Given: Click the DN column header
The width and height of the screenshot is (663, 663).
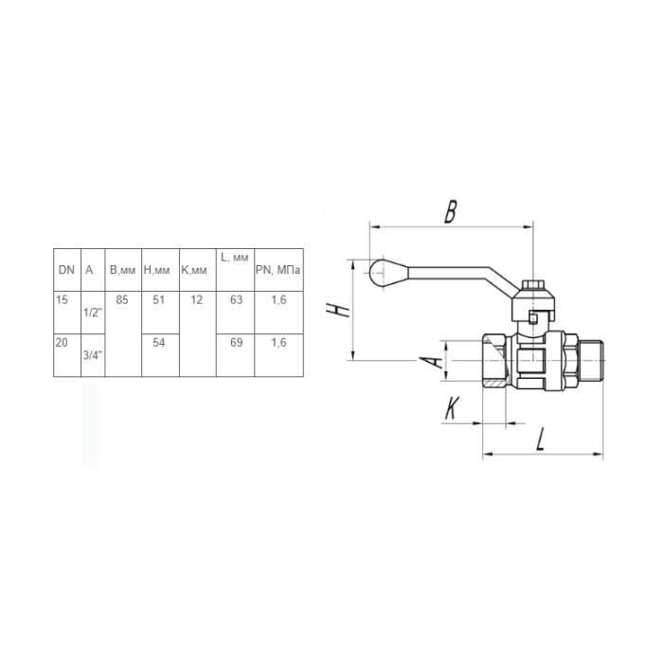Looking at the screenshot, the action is click(66, 270).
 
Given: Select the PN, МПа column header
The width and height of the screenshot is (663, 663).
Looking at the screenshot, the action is click(278, 270).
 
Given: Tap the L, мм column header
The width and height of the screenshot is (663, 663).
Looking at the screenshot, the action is click(235, 257).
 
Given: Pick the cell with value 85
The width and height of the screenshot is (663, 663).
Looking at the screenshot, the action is click(122, 300).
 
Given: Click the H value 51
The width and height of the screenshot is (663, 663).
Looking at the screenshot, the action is click(158, 300).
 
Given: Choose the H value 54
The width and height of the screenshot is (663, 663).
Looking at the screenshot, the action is click(158, 342).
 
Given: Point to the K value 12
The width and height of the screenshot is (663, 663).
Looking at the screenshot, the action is click(197, 300).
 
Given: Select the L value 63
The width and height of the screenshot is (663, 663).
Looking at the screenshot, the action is click(237, 300).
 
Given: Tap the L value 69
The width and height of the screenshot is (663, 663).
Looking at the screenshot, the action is click(237, 342).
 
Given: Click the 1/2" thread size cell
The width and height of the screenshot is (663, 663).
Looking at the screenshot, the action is click(93, 313).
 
